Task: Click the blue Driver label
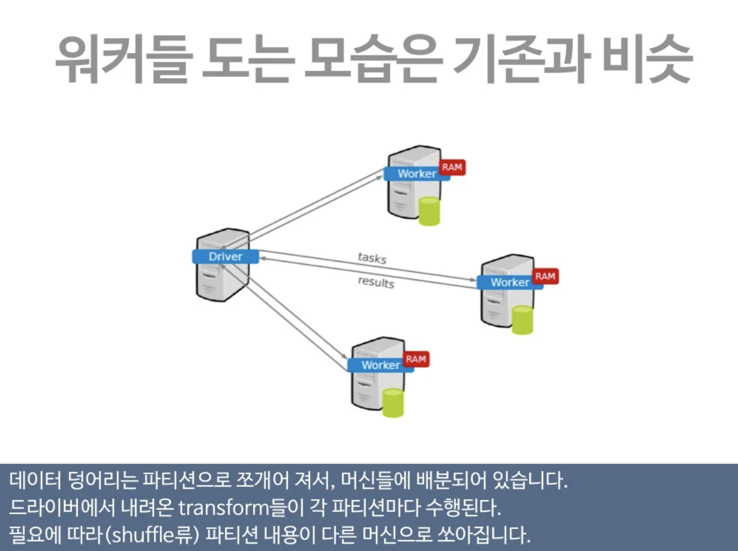pos(225,256)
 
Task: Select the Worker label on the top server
pos(416,173)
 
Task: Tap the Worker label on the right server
pos(510,282)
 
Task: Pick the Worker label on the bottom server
pos(381,365)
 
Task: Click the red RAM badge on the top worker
pos(452,167)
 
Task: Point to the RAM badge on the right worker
pos(545,277)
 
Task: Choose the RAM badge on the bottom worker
pos(416,359)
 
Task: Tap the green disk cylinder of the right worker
pos(522,320)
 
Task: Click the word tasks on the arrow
pos(372,258)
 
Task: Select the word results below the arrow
pos(376,282)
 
